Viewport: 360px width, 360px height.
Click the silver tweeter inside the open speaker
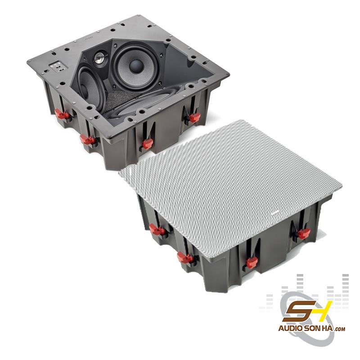click(x=100, y=58)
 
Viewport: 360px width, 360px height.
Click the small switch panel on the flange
click(x=59, y=66)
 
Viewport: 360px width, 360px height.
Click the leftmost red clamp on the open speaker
click(x=63, y=115)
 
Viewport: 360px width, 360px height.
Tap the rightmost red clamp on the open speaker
click(x=194, y=118)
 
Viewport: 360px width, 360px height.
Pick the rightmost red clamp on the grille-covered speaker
click(x=304, y=234)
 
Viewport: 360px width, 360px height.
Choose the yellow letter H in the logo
click(x=322, y=310)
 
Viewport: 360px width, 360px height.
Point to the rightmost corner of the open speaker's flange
click(x=229, y=74)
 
